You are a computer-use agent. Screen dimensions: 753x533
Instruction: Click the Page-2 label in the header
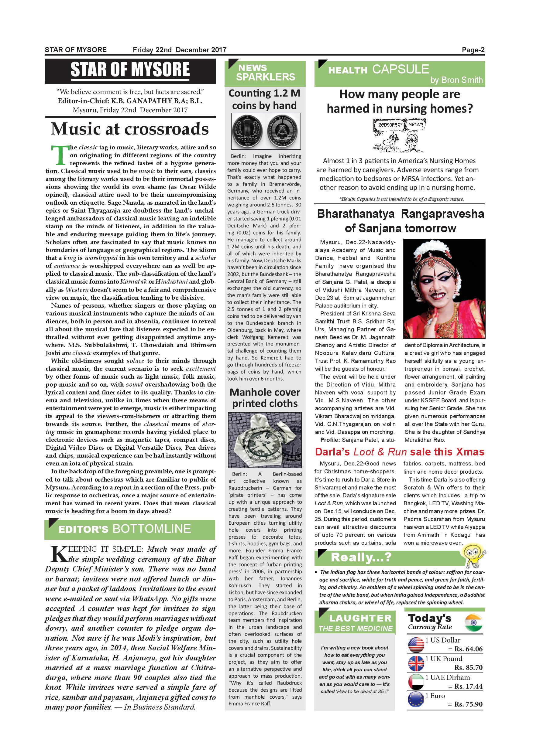[473, 50]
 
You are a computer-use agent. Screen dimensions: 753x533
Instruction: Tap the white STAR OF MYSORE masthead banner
[130, 70]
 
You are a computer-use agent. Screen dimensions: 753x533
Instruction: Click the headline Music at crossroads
[130, 129]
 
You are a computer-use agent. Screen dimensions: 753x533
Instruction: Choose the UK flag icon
[416, 663]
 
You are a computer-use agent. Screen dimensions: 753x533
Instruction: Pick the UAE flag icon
[416, 682]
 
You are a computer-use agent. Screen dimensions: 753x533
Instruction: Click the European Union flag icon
[416, 700]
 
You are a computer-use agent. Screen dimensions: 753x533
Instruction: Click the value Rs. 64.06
[468, 649]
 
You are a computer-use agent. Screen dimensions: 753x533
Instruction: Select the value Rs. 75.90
[468, 704]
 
